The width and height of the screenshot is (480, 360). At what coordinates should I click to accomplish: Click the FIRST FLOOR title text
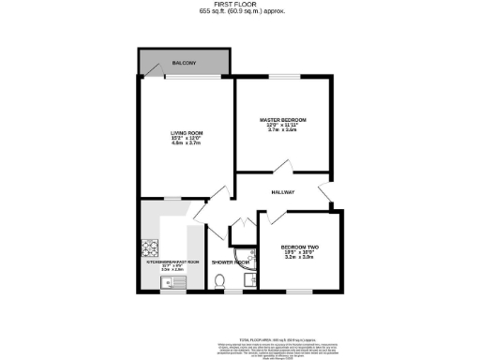click(240, 5)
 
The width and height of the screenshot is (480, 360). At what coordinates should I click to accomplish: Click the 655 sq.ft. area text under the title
click(240, 12)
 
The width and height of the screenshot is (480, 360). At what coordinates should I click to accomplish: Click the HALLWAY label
click(282, 192)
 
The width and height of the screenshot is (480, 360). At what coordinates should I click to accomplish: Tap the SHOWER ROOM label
click(229, 262)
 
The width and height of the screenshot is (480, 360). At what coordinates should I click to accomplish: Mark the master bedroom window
click(282, 77)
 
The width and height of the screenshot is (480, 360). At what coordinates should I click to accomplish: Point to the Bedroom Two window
click(301, 292)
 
